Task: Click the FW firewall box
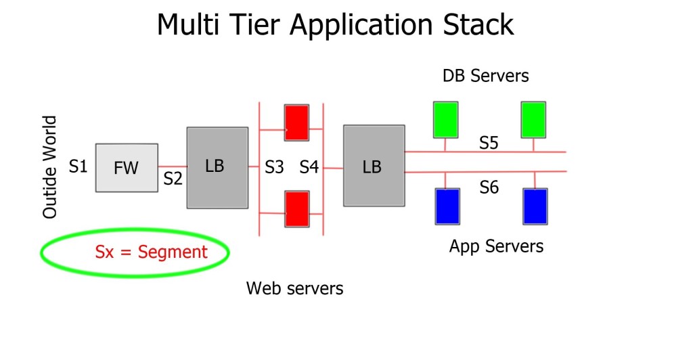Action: pos(127,168)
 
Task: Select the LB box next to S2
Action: pos(217,167)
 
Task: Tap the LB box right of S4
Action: pos(374,166)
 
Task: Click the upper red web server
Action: pos(296,122)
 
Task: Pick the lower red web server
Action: pos(296,208)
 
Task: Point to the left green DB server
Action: pos(446,119)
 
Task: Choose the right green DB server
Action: pos(533,119)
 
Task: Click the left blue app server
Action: pos(447,206)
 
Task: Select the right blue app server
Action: pos(535,206)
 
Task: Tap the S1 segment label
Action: pos(79,166)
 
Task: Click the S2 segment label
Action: pos(173,179)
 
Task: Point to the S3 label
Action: pos(274,166)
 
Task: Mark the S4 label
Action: pos(309,166)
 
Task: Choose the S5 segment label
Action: pos(489,143)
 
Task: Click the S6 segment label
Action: pos(489,187)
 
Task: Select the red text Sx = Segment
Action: pos(151,252)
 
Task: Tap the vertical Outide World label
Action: pos(50,167)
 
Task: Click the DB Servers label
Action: pos(485,76)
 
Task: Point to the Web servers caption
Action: pos(294,289)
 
